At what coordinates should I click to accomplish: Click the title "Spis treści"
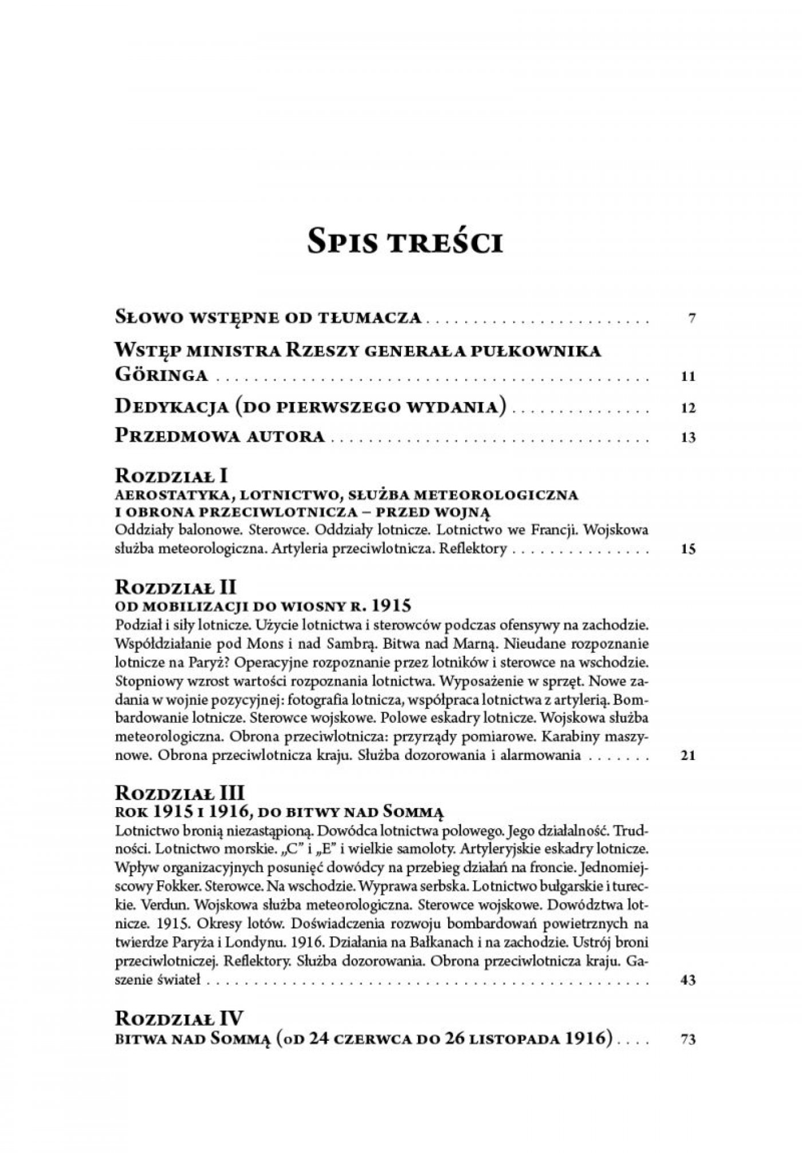[x=405, y=242]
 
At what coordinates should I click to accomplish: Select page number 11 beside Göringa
[x=689, y=377]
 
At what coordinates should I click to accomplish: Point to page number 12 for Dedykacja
[x=689, y=408]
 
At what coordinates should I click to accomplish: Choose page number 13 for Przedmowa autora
[x=689, y=438]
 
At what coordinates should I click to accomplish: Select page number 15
[x=689, y=550]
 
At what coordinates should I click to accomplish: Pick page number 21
[x=688, y=756]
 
